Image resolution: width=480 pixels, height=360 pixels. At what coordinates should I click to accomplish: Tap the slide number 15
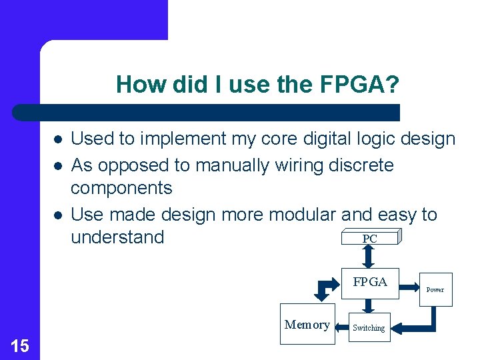20,345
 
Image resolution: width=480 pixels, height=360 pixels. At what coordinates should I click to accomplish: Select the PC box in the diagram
370,238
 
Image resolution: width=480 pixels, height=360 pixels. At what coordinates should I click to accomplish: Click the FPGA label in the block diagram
370,282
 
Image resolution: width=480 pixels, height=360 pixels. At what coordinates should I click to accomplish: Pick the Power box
435,289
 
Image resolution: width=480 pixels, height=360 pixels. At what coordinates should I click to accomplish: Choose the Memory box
307,325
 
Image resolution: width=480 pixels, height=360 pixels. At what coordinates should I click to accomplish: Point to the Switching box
369,327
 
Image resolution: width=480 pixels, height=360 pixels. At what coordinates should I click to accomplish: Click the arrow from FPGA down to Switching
369,306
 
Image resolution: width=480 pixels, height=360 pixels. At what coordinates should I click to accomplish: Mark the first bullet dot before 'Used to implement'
58,139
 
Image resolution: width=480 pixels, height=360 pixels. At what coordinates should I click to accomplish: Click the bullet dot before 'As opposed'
58,165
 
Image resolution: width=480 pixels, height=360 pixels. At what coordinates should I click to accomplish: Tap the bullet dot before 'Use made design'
58,215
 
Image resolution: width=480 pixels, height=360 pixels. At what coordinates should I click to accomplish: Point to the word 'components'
121,189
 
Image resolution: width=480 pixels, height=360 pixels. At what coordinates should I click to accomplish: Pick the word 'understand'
117,237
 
